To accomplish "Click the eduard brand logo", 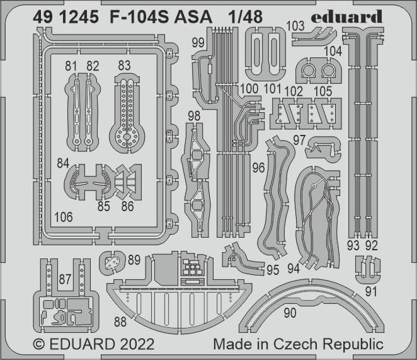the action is [347, 17].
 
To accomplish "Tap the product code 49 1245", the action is [66, 17].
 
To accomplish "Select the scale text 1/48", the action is [245, 17].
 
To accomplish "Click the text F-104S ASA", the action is [161, 17].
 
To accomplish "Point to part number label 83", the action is [124, 66].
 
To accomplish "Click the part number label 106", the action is [64, 218].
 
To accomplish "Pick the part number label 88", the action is [120, 322].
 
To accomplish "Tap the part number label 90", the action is [290, 313].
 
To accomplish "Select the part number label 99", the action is [198, 43].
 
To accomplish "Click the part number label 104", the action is [333, 51].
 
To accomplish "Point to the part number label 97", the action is [299, 140].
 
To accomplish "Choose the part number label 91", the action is [371, 292].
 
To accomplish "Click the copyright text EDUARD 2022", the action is [94, 344].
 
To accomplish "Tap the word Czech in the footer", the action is [295, 344].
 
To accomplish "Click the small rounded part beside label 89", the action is [112, 262].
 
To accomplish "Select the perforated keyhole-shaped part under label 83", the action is [127, 113].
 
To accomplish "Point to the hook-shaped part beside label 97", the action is [323, 149].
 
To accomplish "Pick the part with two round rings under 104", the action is [318, 70].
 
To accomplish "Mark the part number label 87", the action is [65, 279].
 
